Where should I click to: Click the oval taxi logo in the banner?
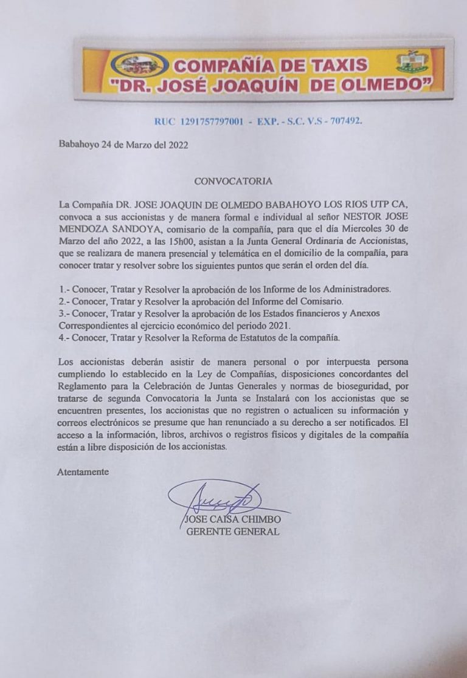pos(139,63)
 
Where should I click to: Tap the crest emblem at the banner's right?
pos(412,61)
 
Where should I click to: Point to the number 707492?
pos(344,122)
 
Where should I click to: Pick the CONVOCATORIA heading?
pos(233,181)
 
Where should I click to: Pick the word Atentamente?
pos(84,471)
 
